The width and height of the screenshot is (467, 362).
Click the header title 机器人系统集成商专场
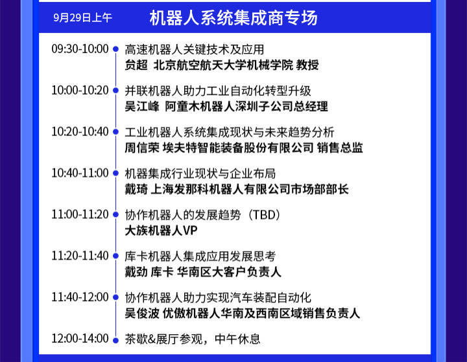pos(233,17)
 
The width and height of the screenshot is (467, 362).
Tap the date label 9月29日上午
pos(82,18)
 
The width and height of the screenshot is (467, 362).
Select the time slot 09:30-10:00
pos(80,49)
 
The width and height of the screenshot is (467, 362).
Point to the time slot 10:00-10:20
pos(80,90)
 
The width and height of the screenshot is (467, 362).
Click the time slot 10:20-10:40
pos(80,131)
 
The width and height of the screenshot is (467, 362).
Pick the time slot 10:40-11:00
pos(80,173)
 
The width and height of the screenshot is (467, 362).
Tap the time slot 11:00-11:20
pos(80,214)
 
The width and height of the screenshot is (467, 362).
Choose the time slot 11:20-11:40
pos(80,256)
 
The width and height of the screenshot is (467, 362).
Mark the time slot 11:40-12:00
pos(80,297)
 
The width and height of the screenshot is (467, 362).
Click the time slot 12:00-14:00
pos(80,339)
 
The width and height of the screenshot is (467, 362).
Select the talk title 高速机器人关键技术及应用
pos(194,49)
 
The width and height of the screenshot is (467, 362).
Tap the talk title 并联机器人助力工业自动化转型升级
pos(218,91)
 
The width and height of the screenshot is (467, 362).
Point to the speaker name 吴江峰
pos(142,107)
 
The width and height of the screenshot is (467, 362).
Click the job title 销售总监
pos(340,148)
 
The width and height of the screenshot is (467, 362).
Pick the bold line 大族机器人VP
pos(161,231)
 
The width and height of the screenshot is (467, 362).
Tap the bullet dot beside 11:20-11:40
pos(115,256)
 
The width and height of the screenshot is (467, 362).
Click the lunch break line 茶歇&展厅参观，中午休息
pos(193,339)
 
